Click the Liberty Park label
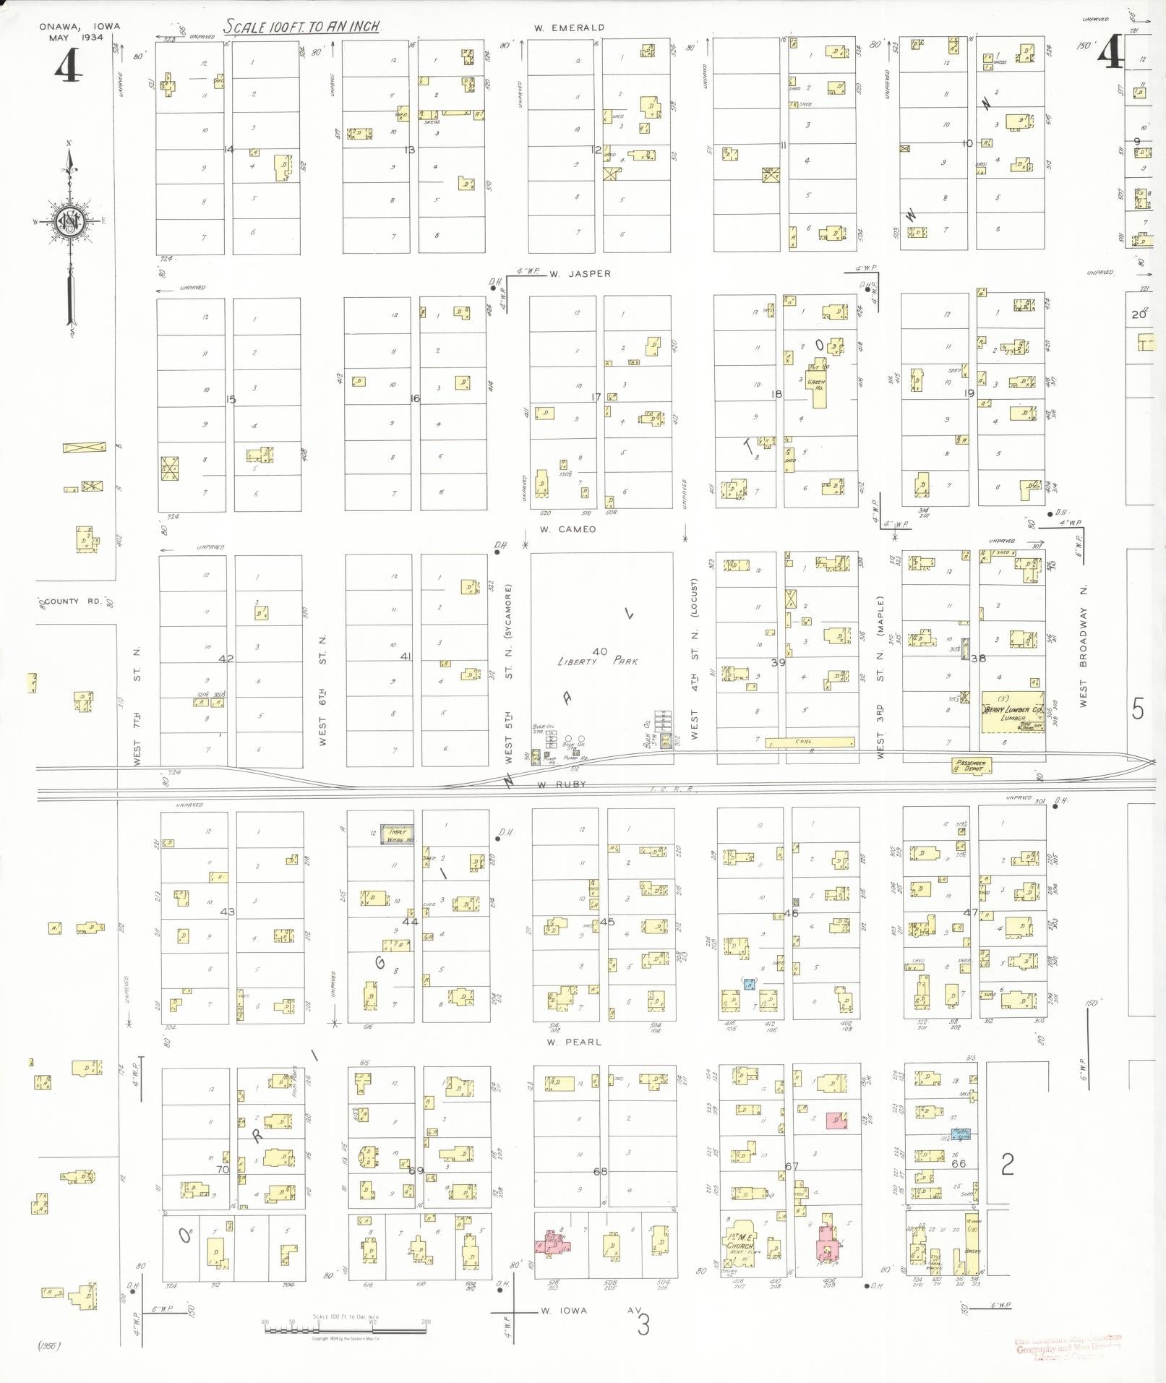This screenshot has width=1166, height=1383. pos(598,661)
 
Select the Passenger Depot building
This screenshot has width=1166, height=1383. pos(971,765)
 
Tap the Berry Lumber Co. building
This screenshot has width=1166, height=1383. pos(1012,712)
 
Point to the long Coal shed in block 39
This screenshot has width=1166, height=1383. pos(810,742)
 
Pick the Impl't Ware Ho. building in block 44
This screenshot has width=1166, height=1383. pos(398,835)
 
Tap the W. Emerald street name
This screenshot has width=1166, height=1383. pos(569,27)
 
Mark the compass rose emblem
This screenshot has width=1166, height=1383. pos(70,220)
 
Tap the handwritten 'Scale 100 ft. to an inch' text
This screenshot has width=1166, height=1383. pos(301,27)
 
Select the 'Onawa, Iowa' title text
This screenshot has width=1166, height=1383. pos(80,27)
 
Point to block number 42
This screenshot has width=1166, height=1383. pos(226,659)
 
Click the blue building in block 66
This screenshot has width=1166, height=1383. pos(960,1134)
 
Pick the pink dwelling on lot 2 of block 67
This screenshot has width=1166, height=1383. pos(836,1120)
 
